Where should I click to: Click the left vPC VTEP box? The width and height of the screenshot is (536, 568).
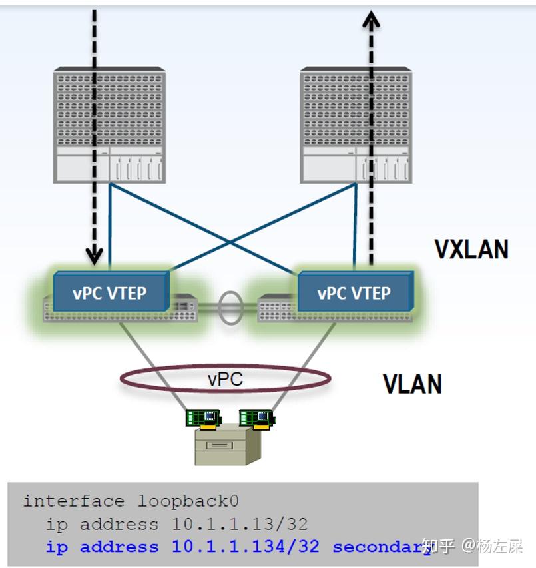[x=110, y=292]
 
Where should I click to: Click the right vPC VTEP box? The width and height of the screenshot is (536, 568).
[x=354, y=292]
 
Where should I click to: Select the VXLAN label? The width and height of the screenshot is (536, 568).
[x=471, y=249]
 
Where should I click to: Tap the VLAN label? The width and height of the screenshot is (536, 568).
[x=412, y=384]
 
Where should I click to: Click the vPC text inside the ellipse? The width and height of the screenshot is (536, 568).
[x=225, y=379]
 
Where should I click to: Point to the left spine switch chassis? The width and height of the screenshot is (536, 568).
[x=110, y=125]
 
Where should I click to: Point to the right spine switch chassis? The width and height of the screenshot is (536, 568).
[x=356, y=125]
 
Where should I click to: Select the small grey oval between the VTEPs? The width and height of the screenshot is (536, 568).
[x=230, y=307]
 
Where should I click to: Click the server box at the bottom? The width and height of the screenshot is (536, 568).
[x=227, y=445]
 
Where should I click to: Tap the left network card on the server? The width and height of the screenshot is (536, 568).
[x=204, y=418]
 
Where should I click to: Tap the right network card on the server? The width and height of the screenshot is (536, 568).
[x=257, y=418]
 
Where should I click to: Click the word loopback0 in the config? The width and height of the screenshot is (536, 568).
[x=188, y=501]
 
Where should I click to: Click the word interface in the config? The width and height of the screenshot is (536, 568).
[x=73, y=501]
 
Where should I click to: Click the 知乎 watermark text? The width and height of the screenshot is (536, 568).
[x=439, y=547]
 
